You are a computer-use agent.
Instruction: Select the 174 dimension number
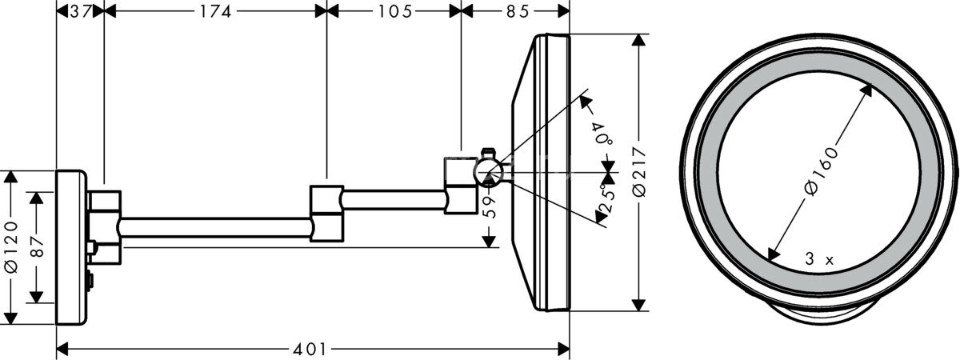tap(215, 10)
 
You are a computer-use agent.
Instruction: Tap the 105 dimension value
tap(395, 10)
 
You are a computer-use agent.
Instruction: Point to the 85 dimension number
tap(516, 10)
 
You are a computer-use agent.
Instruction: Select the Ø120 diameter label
tap(10, 248)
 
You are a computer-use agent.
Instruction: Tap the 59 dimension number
tap(490, 207)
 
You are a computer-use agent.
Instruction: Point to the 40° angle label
tap(602, 133)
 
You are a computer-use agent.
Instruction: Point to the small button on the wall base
tap(90, 281)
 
